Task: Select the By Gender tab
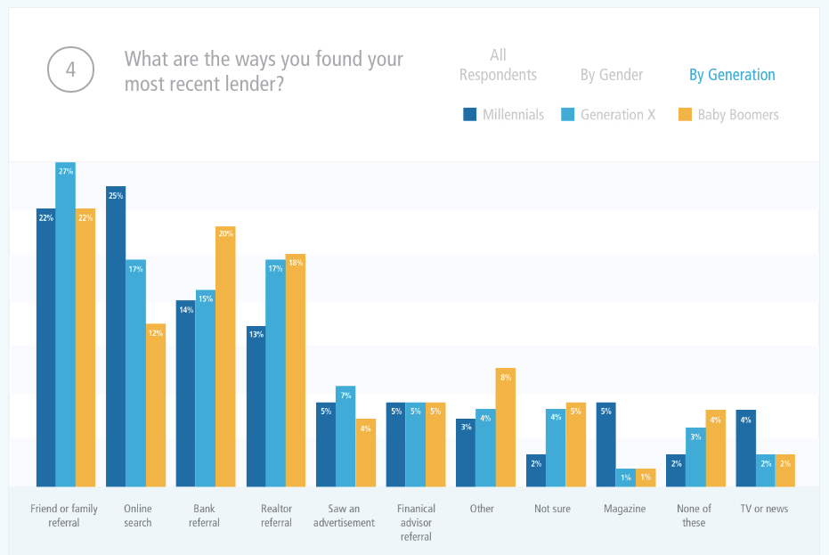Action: tap(612, 75)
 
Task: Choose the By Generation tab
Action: tap(732, 75)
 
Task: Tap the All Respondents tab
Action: tap(498, 65)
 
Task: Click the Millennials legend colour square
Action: tap(469, 114)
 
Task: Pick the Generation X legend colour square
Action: tap(567, 114)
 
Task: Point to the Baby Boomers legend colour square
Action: tap(684, 114)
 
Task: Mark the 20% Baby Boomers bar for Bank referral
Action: tap(225, 356)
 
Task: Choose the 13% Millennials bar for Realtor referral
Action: tap(256, 406)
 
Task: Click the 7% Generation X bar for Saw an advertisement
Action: tap(345, 437)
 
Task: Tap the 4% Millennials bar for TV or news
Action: tap(746, 448)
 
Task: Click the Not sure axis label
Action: tap(552, 509)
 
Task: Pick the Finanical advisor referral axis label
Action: tap(416, 523)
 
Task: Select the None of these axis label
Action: tap(694, 516)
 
